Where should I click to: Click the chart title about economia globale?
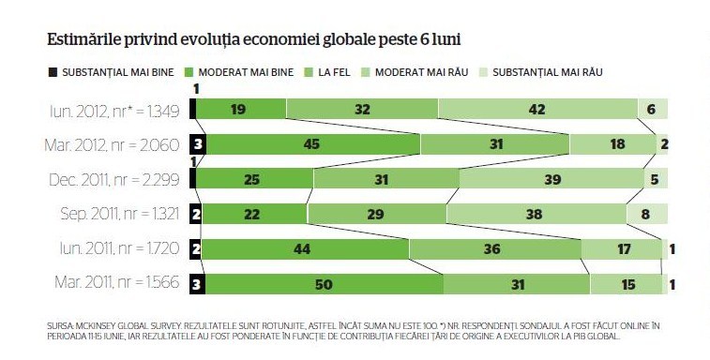(x=254, y=40)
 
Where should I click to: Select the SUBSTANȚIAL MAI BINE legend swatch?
(x=53, y=72)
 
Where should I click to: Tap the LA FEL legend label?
(x=334, y=72)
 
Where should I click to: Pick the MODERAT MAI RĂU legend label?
(x=421, y=72)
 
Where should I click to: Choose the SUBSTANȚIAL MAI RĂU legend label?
(x=548, y=72)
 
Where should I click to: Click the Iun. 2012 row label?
(x=114, y=111)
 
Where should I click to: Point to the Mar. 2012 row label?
(x=112, y=145)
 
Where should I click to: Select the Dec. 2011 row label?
(x=114, y=180)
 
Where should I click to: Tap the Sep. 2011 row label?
(x=120, y=214)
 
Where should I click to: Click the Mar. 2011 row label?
(x=117, y=282)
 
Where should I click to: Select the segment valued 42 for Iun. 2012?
(x=537, y=109)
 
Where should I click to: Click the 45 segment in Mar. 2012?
(x=313, y=144)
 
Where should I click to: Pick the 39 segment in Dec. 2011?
(x=551, y=178)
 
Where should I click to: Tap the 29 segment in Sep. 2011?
(x=376, y=214)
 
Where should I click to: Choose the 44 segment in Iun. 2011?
(x=305, y=248)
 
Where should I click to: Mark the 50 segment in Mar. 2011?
(x=325, y=284)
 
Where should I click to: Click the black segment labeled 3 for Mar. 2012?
(x=198, y=144)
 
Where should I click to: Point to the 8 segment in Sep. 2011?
(x=646, y=214)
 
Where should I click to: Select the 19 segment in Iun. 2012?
(x=241, y=109)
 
